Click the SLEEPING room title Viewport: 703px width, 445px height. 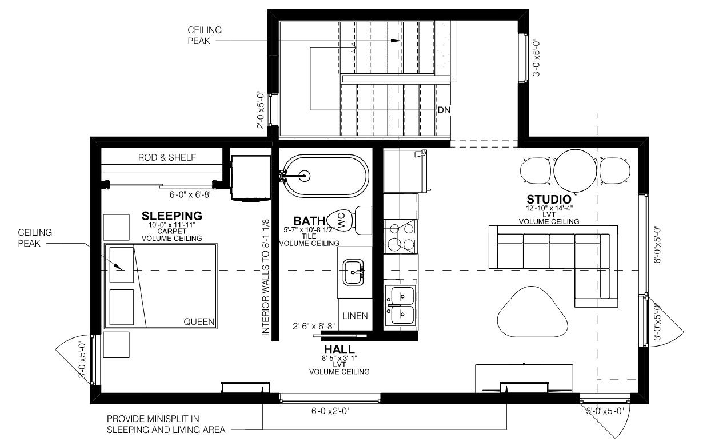click(x=172, y=216)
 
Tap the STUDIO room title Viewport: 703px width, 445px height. click(x=549, y=200)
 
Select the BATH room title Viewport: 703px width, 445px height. click(x=309, y=221)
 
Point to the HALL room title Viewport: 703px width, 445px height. click(x=339, y=349)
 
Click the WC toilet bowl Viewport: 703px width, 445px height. click(x=341, y=220)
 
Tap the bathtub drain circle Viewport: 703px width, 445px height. click(x=304, y=176)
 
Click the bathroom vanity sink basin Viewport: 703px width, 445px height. click(x=353, y=272)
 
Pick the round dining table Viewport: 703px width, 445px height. click(x=575, y=170)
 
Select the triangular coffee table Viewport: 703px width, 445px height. click(x=533, y=312)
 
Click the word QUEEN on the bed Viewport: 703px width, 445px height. click(x=199, y=321)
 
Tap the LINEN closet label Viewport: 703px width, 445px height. click(x=355, y=316)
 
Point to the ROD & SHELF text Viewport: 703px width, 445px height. click(x=167, y=157)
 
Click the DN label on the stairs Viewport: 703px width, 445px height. click(x=444, y=110)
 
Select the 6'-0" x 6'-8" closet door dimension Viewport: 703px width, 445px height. click(x=190, y=194)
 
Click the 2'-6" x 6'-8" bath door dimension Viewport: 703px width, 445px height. click(x=314, y=326)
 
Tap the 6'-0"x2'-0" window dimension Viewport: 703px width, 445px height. click(x=330, y=411)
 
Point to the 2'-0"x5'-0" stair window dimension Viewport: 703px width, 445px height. click(x=261, y=110)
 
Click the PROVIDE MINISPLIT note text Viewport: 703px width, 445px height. click(x=166, y=424)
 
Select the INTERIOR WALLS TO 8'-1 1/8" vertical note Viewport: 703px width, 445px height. click(x=266, y=276)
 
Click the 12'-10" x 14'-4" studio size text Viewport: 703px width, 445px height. click(x=549, y=208)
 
